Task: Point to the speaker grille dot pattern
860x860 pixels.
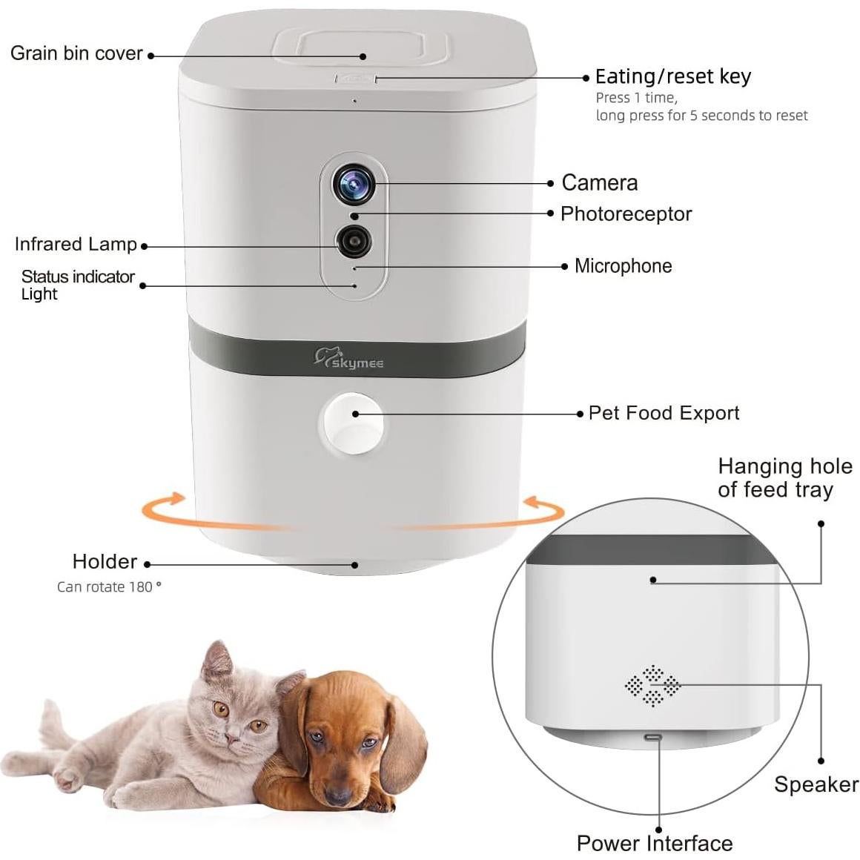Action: [x=652, y=686]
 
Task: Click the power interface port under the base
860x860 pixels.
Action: [x=653, y=738]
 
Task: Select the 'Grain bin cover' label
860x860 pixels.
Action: [x=76, y=53]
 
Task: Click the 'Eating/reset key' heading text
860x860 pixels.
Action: [x=672, y=76]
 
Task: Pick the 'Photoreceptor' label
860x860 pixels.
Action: [x=626, y=214]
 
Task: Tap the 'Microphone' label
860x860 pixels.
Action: [x=623, y=265]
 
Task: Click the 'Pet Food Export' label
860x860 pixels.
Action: [x=664, y=413]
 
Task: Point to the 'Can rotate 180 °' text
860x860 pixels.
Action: [x=109, y=586]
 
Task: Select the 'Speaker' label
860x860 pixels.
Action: [x=816, y=784]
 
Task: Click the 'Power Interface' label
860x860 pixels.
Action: [x=654, y=843]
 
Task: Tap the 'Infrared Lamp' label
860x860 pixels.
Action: [x=76, y=244]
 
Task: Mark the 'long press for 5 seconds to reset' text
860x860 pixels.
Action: [x=701, y=116]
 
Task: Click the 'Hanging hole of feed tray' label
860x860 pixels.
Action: [x=784, y=478]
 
